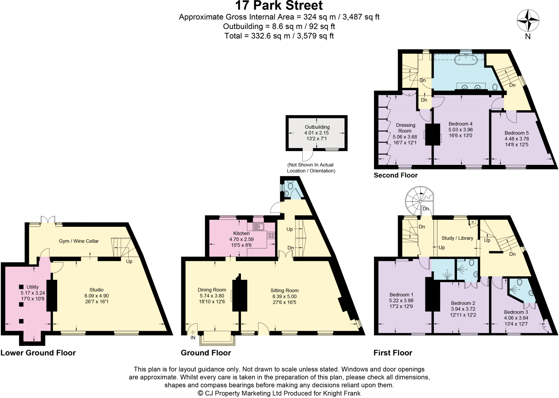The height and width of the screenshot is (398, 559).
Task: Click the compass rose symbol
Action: (x=528, y=20)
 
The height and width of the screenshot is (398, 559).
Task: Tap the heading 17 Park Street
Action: (x=279, y=5)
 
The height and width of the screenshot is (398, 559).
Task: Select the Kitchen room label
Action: (x=241, y=233)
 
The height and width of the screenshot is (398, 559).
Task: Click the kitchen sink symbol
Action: (x=258, y=227)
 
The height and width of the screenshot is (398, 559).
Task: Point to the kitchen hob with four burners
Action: (x=271, y=235)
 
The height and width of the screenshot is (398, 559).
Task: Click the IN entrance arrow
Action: (x=193, y=334)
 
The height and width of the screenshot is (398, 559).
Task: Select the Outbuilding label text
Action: (x=317, y=127)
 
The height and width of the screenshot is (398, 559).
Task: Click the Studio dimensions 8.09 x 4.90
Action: (x=97, y=296)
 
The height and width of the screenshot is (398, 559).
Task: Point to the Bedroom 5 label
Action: (x=516, y=133)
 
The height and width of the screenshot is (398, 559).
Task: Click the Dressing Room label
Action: (x=405, y=128)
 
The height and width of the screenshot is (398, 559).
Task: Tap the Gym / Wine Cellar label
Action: (x=79, y=241)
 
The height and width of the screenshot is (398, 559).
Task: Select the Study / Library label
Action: (x=457, y=238)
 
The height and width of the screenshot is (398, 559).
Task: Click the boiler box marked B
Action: (x=472, y=222)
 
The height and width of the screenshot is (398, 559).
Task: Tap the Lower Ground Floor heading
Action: (x=38, y=353)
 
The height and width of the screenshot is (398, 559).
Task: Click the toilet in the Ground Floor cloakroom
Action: (x=290, y=185)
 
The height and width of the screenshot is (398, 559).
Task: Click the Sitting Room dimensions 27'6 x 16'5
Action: (x=284, y=302)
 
